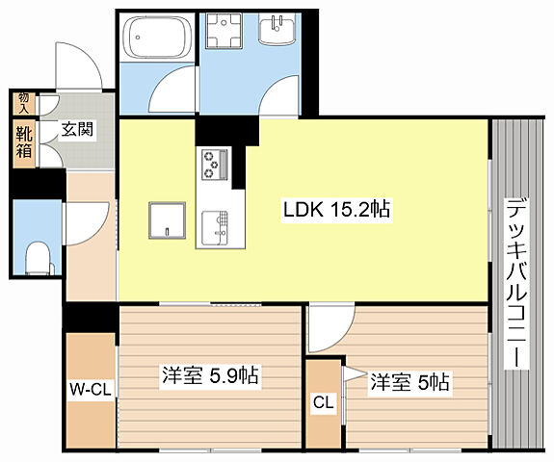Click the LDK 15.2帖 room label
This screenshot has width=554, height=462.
336,210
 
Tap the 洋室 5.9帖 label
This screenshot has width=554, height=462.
210,375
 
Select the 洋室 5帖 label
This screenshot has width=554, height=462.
409,382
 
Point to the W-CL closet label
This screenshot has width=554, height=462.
91,390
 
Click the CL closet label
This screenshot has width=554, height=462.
324,402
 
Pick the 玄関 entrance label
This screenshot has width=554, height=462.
77,130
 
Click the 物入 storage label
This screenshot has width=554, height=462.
24,103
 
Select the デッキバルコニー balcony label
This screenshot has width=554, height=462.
516,283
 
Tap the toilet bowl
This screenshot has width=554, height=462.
39,258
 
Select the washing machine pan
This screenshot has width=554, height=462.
224,31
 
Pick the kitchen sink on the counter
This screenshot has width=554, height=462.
215,228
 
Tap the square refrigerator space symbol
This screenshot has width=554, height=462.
167,220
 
